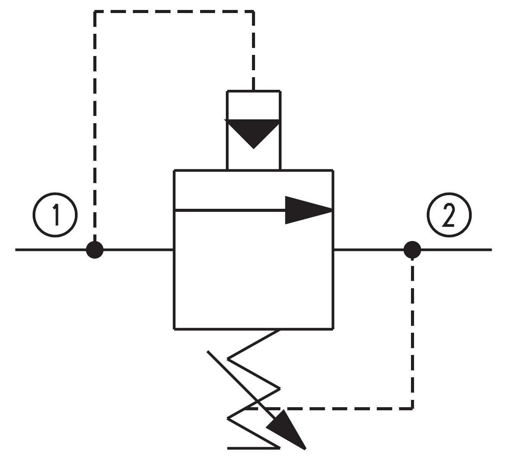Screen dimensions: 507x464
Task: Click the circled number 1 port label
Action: point(55,215)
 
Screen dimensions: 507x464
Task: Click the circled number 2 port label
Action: point(449,215)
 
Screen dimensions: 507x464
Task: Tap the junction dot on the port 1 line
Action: point(95,250)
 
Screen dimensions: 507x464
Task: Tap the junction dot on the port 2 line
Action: point(412,250)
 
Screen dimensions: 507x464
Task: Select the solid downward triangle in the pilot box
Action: point(253,131)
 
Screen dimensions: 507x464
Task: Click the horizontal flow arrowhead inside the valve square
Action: point(308,210)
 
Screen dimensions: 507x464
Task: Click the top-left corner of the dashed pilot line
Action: point(95,12)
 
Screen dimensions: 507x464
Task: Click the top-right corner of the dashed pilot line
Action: point(253,12)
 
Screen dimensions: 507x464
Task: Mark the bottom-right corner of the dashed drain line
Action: point(412,408)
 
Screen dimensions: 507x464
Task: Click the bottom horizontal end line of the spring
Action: point(253,448)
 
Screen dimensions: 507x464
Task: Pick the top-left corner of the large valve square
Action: point(174,171)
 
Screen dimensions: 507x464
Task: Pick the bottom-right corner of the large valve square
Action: point(333,329)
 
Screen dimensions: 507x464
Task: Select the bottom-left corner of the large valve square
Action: point(174,329)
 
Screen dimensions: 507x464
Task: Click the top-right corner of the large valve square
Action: point(333,171)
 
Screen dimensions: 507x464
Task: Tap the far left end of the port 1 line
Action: point(16,250)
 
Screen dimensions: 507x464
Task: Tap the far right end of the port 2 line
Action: point(492,250)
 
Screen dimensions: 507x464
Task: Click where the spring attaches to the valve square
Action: point(279,330)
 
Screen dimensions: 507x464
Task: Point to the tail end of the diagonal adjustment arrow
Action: point(207,351)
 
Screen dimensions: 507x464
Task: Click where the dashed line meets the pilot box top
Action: point(253,91)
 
